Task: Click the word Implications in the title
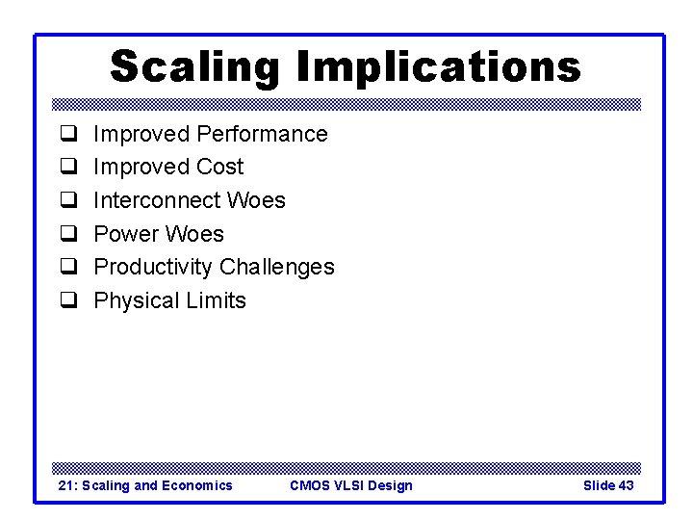click(x=439, y=67)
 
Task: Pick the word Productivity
click(x=153, y=267)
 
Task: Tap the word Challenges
click(x=277, y=267)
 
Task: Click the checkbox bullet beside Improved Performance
click(x=69, y=135)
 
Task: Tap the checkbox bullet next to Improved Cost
click(x=69, y=168)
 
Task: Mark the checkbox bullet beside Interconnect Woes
click(x=69, y=201)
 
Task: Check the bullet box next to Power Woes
click(x=69, y=235)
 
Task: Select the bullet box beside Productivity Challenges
click(x=69, y=268)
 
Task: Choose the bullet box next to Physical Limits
click(x=69, y=301)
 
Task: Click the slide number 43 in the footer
click(x=626, y=485)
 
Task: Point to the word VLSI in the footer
click(x=350, y=485)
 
